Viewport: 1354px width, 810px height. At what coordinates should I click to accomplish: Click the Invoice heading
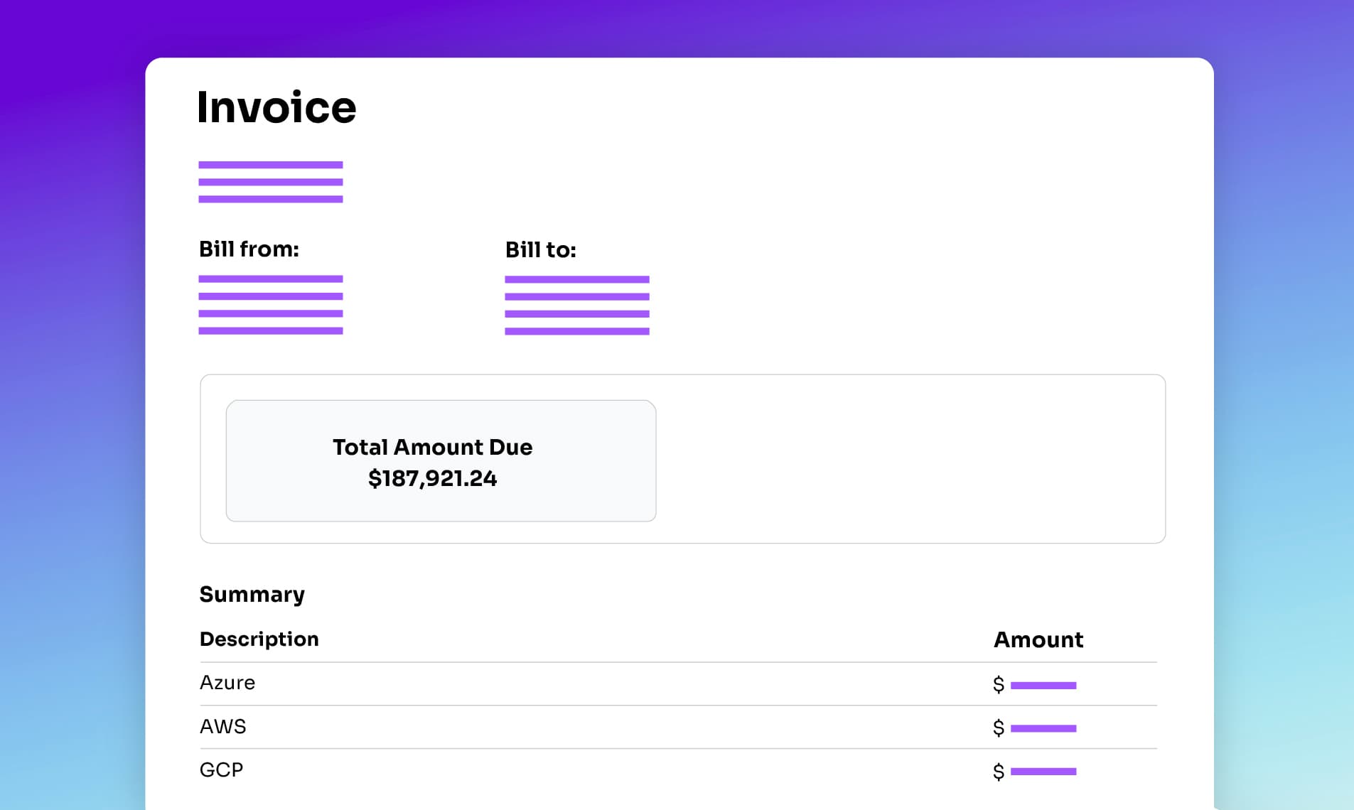276,107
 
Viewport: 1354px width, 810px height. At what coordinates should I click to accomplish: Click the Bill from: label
249,249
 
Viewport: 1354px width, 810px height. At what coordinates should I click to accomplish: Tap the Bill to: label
540,250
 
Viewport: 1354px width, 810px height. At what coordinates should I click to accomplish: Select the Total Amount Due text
432,447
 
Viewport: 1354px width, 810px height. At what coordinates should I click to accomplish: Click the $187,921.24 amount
432,478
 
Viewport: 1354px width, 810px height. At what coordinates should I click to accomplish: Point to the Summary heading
252,594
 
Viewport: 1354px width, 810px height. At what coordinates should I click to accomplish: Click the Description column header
259,639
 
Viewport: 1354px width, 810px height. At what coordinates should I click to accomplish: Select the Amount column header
1038,639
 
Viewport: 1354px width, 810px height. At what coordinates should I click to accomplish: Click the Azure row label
227,683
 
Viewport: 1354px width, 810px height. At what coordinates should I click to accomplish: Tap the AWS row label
223,726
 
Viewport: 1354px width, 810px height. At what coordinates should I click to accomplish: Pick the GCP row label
221,769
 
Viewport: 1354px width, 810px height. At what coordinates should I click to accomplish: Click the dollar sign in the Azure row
999,684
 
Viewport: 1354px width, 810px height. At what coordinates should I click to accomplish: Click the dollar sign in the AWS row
999,728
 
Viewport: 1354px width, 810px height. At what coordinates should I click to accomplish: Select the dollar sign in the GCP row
999,771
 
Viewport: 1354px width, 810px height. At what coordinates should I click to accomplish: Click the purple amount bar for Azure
1043,686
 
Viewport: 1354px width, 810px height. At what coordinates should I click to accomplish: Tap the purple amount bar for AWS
1043,728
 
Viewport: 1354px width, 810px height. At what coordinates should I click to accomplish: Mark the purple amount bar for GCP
1043,771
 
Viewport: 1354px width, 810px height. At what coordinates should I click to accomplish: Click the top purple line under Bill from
271,279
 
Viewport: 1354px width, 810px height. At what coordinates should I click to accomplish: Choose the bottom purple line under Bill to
577,331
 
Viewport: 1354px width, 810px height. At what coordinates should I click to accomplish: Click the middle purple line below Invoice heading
271,182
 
